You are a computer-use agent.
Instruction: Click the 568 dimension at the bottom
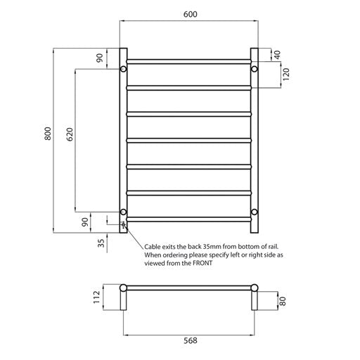click(190, 342)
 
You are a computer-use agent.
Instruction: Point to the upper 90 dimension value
click(99, 59)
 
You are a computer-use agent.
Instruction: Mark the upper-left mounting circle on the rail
click(123, 70)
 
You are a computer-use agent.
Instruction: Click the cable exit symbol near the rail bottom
click(123, 225)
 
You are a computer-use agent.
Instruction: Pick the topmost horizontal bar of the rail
click(189, 61)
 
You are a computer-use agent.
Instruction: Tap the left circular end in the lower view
click(124, 288)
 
